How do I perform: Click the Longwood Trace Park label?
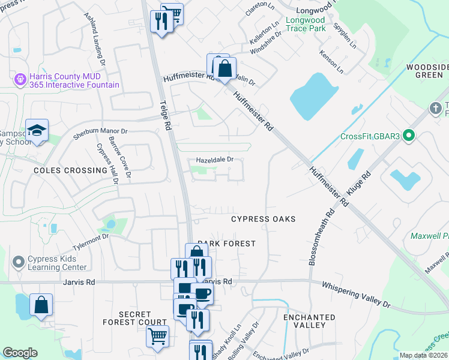pyautogui.click(x=306, y=24)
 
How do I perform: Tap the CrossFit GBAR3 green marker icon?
pyautogui.click(x=409, y=136)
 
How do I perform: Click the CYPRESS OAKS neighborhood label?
pyautogui.click(x=264, y=219)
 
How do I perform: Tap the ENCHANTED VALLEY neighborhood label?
pyautogui.click(x=309, y=321)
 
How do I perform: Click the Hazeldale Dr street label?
pyautogui.click(x=214, y=160)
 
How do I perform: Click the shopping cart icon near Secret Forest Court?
pyautogui.click(x=157, y=335)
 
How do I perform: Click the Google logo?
pyautogui.click(x=20, y=353)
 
